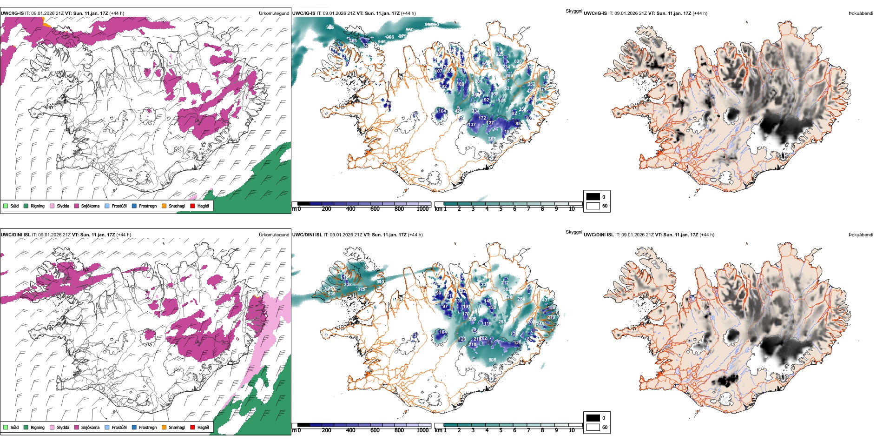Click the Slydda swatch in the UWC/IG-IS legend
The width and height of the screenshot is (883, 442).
click(x=52, y=206)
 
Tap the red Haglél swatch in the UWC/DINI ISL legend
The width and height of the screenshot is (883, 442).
click(x=192, y=427)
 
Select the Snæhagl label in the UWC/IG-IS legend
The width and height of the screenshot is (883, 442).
click(x=177, y=206)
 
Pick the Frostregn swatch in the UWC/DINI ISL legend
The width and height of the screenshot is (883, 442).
click(x=134, y=427)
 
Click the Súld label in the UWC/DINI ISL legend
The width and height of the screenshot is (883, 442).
click(x=14, y=427)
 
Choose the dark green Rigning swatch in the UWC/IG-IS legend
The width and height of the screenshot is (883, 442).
click(x=26, y=206)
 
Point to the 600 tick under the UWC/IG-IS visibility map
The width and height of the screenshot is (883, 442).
click(x=375, y=209)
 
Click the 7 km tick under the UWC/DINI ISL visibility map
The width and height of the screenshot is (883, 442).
click(x=528, y=430)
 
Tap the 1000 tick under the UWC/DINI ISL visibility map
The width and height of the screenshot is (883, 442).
click(x=422, y=430)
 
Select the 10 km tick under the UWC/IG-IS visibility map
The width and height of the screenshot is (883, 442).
click(x=572, y=209)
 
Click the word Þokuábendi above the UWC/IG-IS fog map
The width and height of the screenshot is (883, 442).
click(x=861, y=13)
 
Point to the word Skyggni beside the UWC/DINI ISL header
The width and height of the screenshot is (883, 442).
click(x=573, y=232)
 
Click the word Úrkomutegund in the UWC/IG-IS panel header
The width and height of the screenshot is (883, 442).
click(x=274, y=13)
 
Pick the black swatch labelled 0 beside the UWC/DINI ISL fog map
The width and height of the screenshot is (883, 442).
click(x=593, y=418)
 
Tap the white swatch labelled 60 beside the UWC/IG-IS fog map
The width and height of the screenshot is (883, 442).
click(x=593, y=206)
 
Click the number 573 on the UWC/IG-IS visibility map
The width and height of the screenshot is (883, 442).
click(x=508, y=88)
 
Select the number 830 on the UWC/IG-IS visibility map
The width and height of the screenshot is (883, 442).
click(x=518, y=61)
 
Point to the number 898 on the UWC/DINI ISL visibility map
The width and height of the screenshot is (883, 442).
click(x=492, y=360)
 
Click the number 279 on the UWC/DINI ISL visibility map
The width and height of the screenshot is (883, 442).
click(x=551, y=317)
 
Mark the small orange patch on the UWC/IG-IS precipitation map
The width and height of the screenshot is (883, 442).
click(x=45, y=21)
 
